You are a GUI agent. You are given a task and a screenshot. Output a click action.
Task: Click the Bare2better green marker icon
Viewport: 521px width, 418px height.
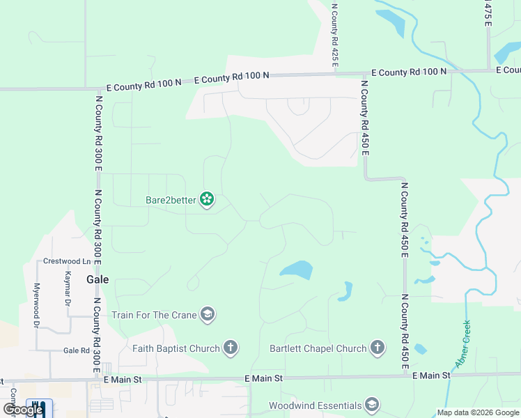click(x=207, y=200)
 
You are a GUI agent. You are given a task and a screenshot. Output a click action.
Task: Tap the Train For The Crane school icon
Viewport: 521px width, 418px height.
click(x=207, y=315)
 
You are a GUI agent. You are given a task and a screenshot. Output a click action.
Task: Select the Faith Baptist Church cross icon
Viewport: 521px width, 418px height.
click(x=231, y=348)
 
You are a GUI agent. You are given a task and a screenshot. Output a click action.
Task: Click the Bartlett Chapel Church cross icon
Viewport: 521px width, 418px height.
click(x=377, y=348)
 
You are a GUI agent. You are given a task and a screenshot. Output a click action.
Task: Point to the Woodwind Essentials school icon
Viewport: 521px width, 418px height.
click(x=372, y=405)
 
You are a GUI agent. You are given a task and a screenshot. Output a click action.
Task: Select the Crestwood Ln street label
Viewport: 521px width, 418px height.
click(x=67, y=261)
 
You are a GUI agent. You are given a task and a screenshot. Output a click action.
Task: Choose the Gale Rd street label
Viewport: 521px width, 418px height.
click(x=75, y=351)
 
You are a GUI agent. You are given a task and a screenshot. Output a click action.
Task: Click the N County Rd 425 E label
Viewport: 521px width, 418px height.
click(x=335, y=35)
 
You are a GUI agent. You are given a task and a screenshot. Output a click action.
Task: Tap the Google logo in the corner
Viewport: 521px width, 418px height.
click(x=22, y=410)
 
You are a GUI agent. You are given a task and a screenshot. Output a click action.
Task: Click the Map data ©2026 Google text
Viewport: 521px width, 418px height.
click(x=478, y=412)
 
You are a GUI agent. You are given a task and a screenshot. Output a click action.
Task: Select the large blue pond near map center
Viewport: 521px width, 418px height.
click(x=295, y=270)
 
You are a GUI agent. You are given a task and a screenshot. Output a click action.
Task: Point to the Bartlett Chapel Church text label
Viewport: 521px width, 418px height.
click(x=318, y=348)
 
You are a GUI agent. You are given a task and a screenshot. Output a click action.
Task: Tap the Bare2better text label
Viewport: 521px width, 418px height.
click(x=171, y=201)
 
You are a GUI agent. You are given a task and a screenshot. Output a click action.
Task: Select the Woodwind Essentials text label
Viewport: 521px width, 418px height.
click(x=315, y=405)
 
